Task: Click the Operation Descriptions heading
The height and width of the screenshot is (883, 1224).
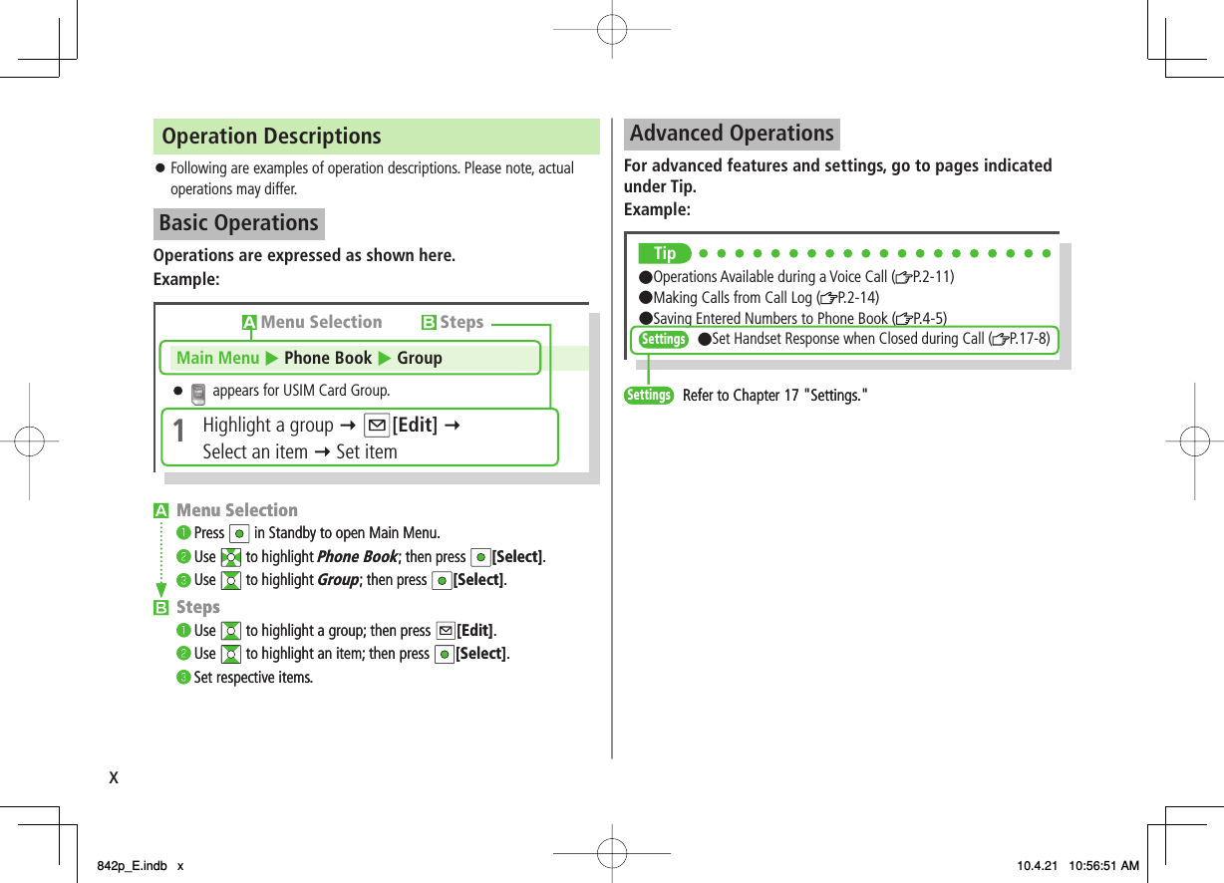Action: point(271,137)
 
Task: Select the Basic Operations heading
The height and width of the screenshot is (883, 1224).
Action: point(238,223)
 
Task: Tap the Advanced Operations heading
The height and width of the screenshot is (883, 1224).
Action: point(732,134)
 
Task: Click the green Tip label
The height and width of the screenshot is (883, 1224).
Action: point(665,254)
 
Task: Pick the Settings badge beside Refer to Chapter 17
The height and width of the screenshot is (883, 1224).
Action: point(648,396)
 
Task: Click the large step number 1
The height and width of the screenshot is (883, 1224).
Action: point(178,433)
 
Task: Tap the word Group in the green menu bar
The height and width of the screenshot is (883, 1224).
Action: point(420,358)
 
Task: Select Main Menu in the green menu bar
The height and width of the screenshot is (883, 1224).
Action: point(217,358)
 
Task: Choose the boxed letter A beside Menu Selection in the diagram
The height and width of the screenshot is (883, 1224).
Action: point(249,323)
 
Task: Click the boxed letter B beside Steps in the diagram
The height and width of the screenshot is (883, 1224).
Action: point(429,323)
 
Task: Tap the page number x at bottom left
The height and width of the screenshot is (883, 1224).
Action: point(114,777)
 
